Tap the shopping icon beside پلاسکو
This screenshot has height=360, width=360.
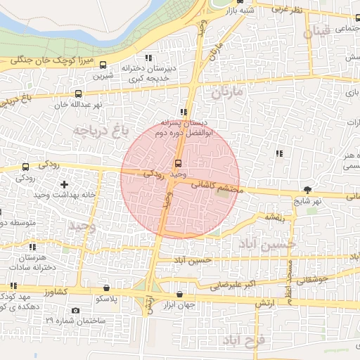tap(106, 288)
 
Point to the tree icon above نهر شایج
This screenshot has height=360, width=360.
tap(308, 189)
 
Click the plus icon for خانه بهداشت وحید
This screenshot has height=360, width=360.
tap(64, 184)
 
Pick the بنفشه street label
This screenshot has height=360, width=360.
tap(274, 218)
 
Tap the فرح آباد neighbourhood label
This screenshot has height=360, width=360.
tap(243, 340)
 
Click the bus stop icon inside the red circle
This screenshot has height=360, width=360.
tap(176, 163)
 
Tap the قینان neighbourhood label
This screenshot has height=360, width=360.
tap(316, 32)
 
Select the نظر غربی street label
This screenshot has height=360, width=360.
tap(288, 10)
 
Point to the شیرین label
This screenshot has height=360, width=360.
tap(104, 75)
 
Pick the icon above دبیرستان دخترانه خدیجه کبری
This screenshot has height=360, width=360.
tap(148, 58)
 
